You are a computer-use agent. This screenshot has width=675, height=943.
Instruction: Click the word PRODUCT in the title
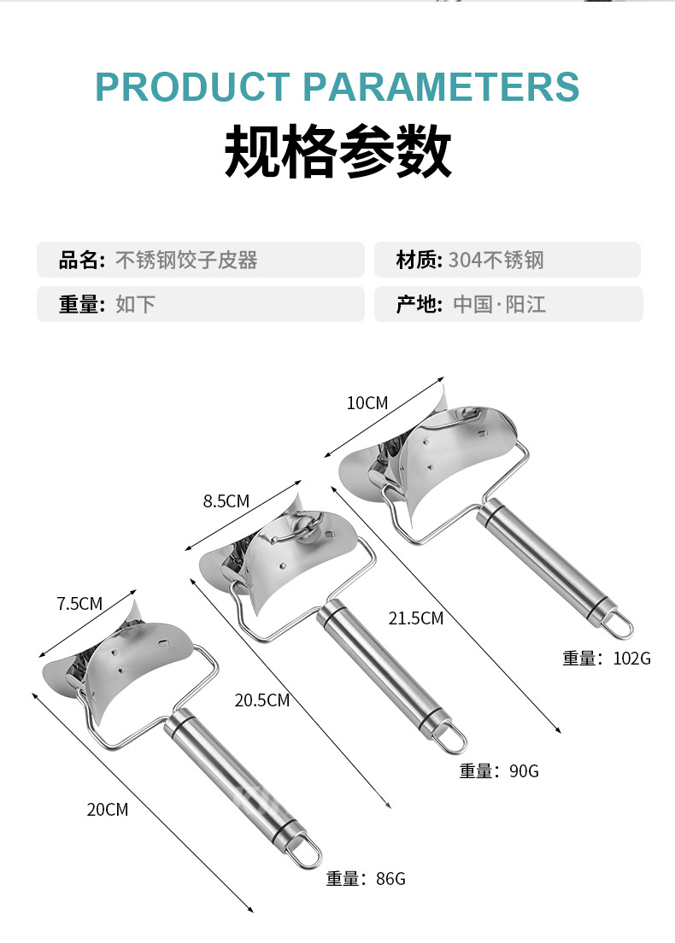(192, 87)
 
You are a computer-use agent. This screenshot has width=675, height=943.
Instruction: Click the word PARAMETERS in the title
(441, 87)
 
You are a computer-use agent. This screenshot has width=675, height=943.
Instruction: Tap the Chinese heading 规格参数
(337, 151)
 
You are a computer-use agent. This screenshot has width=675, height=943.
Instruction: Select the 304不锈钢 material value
(496, 260)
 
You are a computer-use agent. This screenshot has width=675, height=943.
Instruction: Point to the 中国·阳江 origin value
(499, 304)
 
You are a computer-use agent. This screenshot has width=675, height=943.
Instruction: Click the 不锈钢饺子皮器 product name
(186, 260)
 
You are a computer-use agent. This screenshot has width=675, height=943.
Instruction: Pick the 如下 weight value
(135, 304)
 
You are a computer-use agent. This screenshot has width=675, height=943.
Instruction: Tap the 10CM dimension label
(367, 403)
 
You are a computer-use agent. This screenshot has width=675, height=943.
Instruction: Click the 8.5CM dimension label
(226, 501)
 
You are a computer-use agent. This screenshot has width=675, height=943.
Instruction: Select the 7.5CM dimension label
(79, 603)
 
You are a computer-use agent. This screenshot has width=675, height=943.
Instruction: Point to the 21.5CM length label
(416, 618)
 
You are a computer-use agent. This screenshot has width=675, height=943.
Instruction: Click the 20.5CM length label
(261, 700)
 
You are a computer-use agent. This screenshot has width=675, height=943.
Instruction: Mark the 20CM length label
(108, 810)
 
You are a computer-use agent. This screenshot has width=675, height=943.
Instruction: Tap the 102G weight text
(631, 659)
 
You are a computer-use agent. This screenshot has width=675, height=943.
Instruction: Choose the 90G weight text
(524, 771)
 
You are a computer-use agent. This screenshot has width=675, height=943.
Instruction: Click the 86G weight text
(390, 879)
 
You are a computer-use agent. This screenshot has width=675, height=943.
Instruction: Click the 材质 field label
(417, 260)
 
